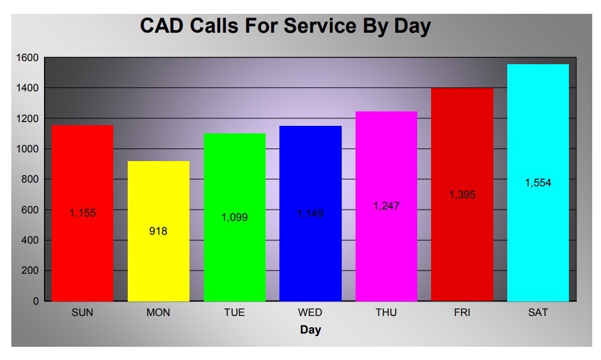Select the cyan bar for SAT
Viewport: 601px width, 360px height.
pyautogui.click(x=538, y=239)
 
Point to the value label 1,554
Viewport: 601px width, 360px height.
pyautogui.click(x=538, y=183)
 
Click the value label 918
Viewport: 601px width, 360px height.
pyautogui.click(x=159, y=231)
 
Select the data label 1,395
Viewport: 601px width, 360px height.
pyautogui.click(x=462, y=195)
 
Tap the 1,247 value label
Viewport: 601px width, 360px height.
pyautogui.click(x=386, y=206)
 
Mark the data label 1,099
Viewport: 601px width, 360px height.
pyautogui.click(x=235, y=217)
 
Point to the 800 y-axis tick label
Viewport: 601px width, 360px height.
pyautogui.click(x=30, y=179)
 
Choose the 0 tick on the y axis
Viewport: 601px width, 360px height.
pyautogui.click(x=36, y=301)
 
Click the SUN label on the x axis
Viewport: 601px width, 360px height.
pyautogui.click(x=82, y=312)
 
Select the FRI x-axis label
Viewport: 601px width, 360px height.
pyautogui.click(x=462, y=312)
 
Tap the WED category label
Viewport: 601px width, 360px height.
pyautogui.click(x=310, y=312)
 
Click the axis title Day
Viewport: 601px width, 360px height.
pyautogui.click(x=310, y=330)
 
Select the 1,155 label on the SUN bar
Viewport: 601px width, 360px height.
pyautogui.click(x=82, y=213)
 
